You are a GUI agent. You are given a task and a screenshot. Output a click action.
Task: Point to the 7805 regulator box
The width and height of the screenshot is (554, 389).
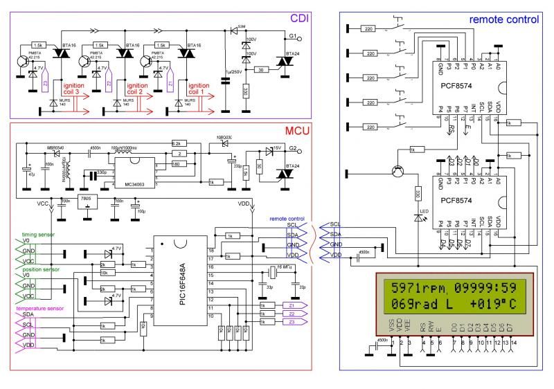[x=87, y=199]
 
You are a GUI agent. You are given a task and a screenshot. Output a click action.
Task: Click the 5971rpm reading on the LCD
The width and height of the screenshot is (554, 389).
[x=415, y=288]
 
